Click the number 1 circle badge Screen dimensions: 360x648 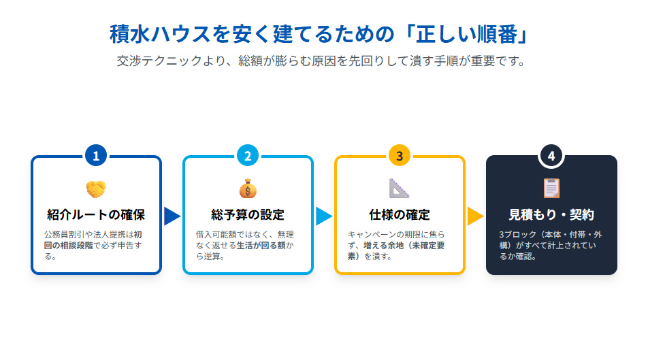pos(96,156)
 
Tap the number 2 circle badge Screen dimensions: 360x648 pos(248,156)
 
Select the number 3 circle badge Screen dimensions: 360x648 pos(400,156)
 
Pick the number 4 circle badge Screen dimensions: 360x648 pos(551,156)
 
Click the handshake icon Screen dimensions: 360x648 pos(96,189)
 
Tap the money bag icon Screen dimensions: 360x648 pos(248,189)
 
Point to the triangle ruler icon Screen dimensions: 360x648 pos(400,189)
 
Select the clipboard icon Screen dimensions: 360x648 pos(551,189)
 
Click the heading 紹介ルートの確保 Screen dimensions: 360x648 pos(96,216)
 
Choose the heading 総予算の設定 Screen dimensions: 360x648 pos(248,216)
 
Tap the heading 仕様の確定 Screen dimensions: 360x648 pos(400,216)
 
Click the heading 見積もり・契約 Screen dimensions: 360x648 pos(551,216)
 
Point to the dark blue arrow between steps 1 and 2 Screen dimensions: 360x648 pos(172,216)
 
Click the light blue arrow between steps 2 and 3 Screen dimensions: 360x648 pos(324,216)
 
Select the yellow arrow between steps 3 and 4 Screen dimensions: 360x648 pos(475,216)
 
